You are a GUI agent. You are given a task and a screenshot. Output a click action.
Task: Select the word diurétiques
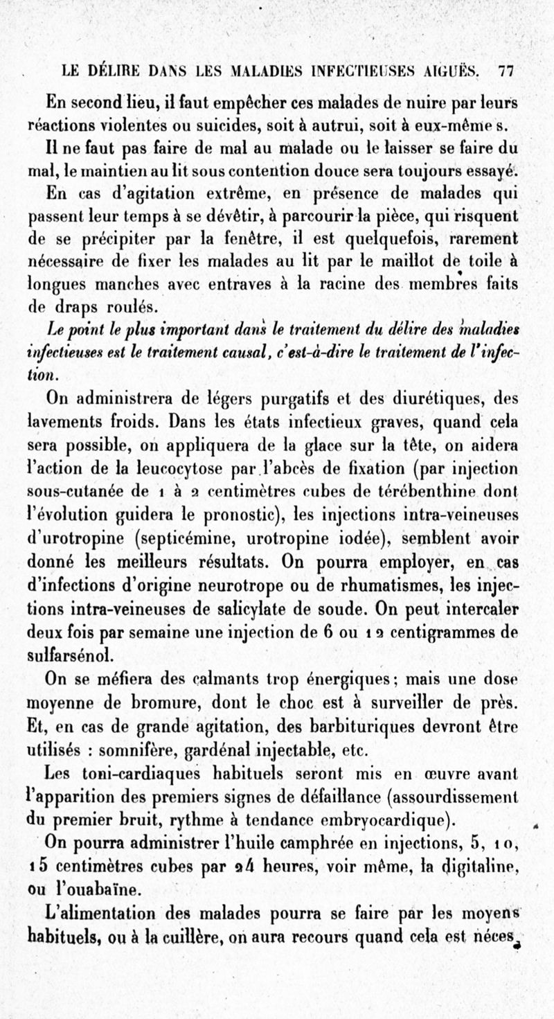pos(411,398)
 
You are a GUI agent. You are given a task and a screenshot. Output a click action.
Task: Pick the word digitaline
pos(481,867)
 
